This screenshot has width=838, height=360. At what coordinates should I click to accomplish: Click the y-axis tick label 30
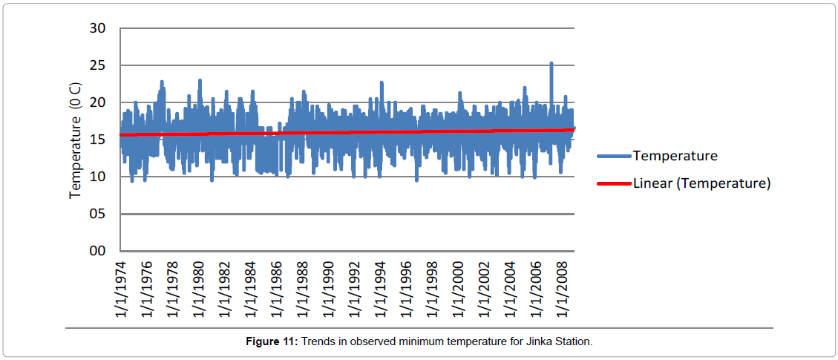pos(97,28)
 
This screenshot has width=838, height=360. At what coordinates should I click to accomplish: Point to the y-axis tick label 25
pos(97,65)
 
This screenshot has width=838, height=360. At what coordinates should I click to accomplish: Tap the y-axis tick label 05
pos(97,214)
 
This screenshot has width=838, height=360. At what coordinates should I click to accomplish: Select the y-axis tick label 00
pos(97,251)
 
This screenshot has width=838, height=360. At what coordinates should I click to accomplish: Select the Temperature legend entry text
pos(675,156)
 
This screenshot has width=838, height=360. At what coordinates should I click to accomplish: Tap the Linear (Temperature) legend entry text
pos(701,183)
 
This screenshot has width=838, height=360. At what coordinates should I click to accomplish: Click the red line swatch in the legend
pos(614,183)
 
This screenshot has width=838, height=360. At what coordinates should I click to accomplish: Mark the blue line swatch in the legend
pos(614,156)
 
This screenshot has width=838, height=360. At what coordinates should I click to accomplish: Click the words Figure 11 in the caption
pos(271,341)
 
